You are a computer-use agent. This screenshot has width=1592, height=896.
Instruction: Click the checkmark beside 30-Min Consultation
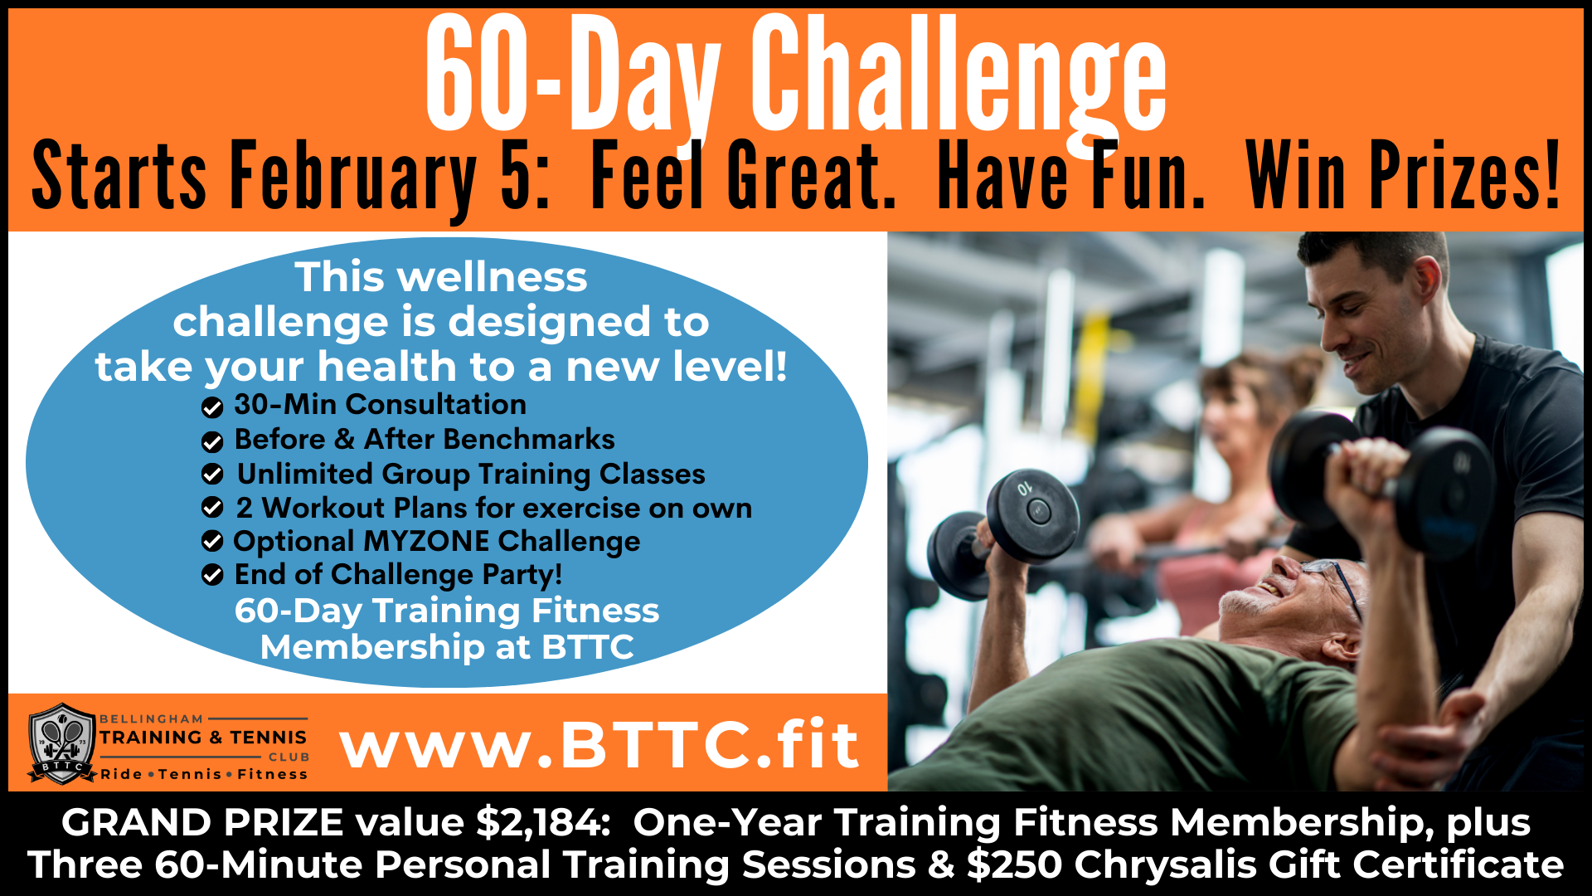click(x=212, y=407)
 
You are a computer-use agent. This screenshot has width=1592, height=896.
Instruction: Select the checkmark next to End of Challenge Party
click(x=212, y=575)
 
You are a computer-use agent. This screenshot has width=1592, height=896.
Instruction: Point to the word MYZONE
click(x=426, y=541)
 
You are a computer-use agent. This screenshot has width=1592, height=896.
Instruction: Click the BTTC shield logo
click(x=61, y=744)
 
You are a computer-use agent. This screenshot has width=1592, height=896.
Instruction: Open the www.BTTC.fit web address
click(x=599, y=744)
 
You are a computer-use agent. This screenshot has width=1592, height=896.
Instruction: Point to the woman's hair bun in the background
click(x=1298, y=368)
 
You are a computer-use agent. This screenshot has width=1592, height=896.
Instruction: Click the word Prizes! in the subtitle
click(x=1464, y=176)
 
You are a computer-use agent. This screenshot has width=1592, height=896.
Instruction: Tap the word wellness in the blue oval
click(x=493, y=277)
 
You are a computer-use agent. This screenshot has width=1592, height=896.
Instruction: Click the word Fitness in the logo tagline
click(x=273, y=774)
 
